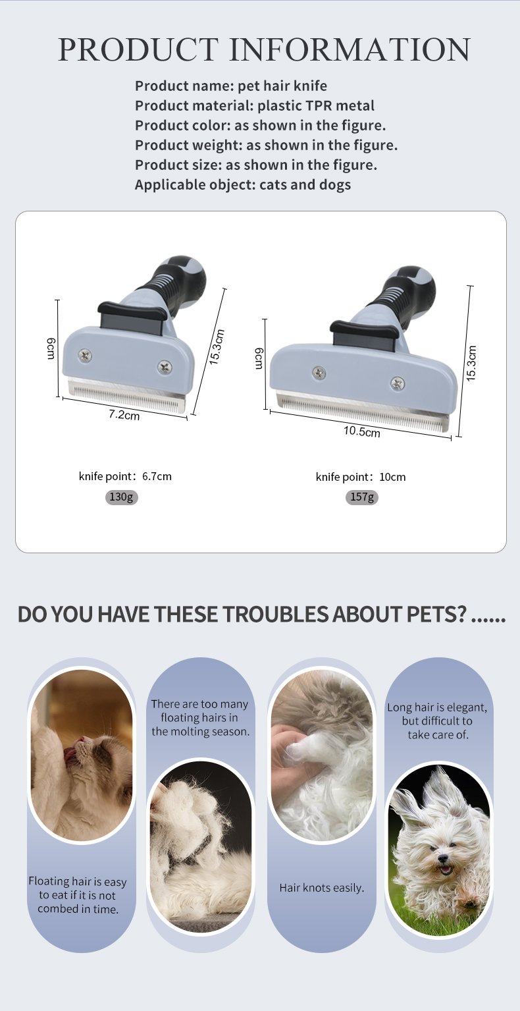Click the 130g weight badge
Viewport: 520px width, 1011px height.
pos(121,497)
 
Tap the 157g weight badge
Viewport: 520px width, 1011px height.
pos(362,497)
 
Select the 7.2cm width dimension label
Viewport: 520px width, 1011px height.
pos(124,414)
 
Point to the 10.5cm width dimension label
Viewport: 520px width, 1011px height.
pos(362,431)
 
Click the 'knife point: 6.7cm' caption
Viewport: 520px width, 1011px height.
pos(125,476)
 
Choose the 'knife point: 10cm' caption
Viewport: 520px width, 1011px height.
pos(360,477)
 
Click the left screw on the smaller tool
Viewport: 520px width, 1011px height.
pos(85,356)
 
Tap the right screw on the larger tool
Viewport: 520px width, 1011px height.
pos(398,383)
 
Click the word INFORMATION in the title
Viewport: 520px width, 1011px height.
pos(350,49)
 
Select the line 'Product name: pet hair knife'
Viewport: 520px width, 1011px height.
pos(231,86)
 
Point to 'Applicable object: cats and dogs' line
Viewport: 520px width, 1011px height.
pos(243,184)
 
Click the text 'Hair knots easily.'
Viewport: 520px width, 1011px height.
pos(322,888)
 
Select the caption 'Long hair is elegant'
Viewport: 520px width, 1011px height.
pos(437,707)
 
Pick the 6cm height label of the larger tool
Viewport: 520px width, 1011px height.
pos(259,358)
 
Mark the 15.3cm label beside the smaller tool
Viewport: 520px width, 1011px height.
pos(217,346)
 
